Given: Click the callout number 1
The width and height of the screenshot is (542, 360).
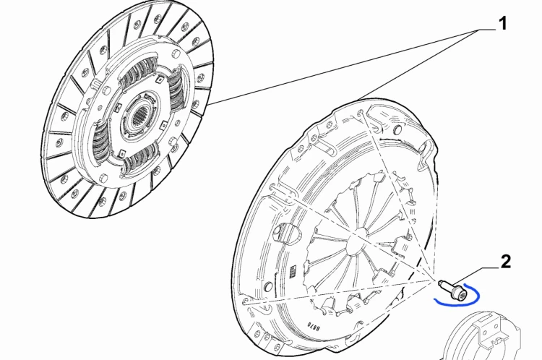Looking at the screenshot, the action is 503,23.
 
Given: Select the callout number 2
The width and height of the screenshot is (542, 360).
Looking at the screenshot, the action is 505,262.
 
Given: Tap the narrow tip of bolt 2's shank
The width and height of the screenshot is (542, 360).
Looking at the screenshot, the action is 440,283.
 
